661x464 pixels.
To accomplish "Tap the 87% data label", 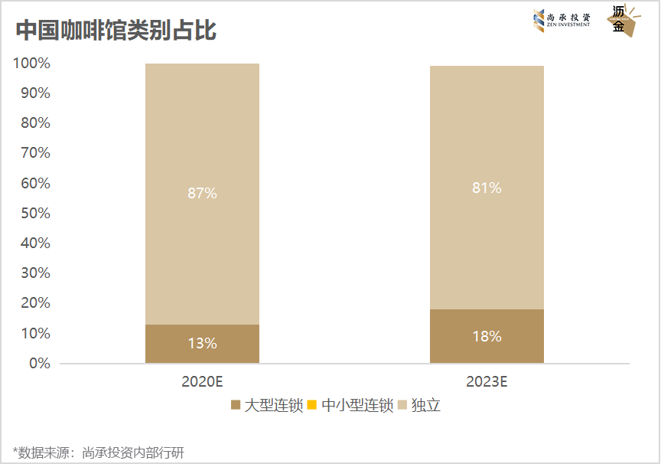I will (x=202, y=194).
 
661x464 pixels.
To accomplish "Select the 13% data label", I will (x=202, y=344).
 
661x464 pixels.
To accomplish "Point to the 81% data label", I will (x=487, y=188).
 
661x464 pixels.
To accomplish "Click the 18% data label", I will (x=487, y=336).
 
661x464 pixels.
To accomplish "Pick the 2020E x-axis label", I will (x=202, y=381).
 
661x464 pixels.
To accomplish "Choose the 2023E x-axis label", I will (x=487, y=381).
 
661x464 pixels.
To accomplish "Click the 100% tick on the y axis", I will (x=31, y=64).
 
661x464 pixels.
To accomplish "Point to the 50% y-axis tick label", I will (x=34, y=213).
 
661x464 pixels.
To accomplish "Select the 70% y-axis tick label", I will (x=34, y=153).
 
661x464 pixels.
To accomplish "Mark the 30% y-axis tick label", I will (x=34, y=273).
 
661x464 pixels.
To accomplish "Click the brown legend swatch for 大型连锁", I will (x=235, y=405).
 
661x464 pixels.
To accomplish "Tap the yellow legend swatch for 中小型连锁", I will (x=312, y=405).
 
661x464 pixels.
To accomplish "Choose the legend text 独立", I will (x=426, y=405).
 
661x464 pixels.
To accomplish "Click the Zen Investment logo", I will (x=562, y=20).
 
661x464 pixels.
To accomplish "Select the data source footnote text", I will (x=99, y=453).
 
